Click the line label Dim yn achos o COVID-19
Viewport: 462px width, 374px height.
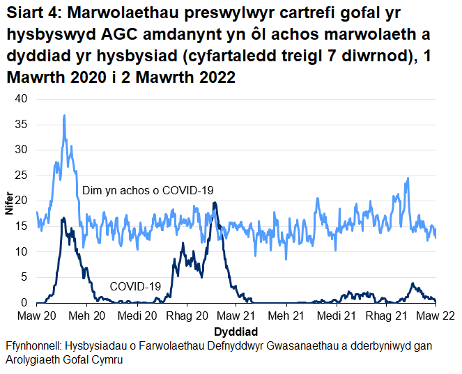[x=147, y=190]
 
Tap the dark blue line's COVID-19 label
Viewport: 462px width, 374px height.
[x=135, y=286]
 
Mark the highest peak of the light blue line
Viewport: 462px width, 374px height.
[x=64, y=116]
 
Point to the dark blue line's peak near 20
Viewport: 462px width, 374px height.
[x=215, y=203]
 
